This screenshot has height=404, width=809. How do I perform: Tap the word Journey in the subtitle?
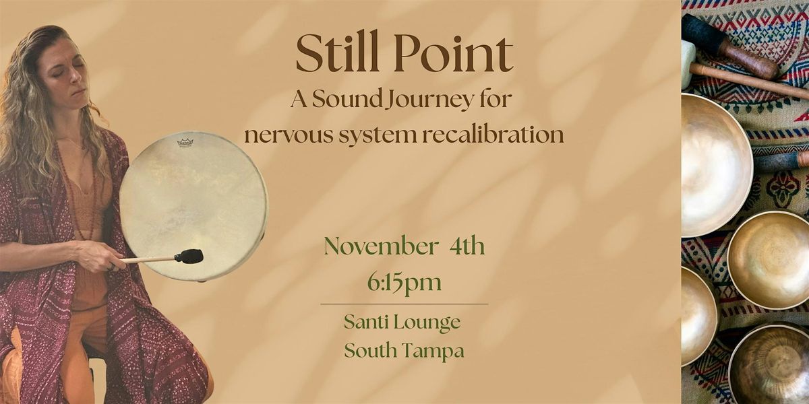click(416, 102)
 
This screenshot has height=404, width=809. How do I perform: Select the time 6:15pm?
click(404, 282)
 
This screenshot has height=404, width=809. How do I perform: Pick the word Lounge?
click(431, 323)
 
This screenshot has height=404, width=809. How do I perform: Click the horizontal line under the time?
click(404, 304)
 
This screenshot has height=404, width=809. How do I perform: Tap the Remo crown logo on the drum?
click(185, 142)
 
